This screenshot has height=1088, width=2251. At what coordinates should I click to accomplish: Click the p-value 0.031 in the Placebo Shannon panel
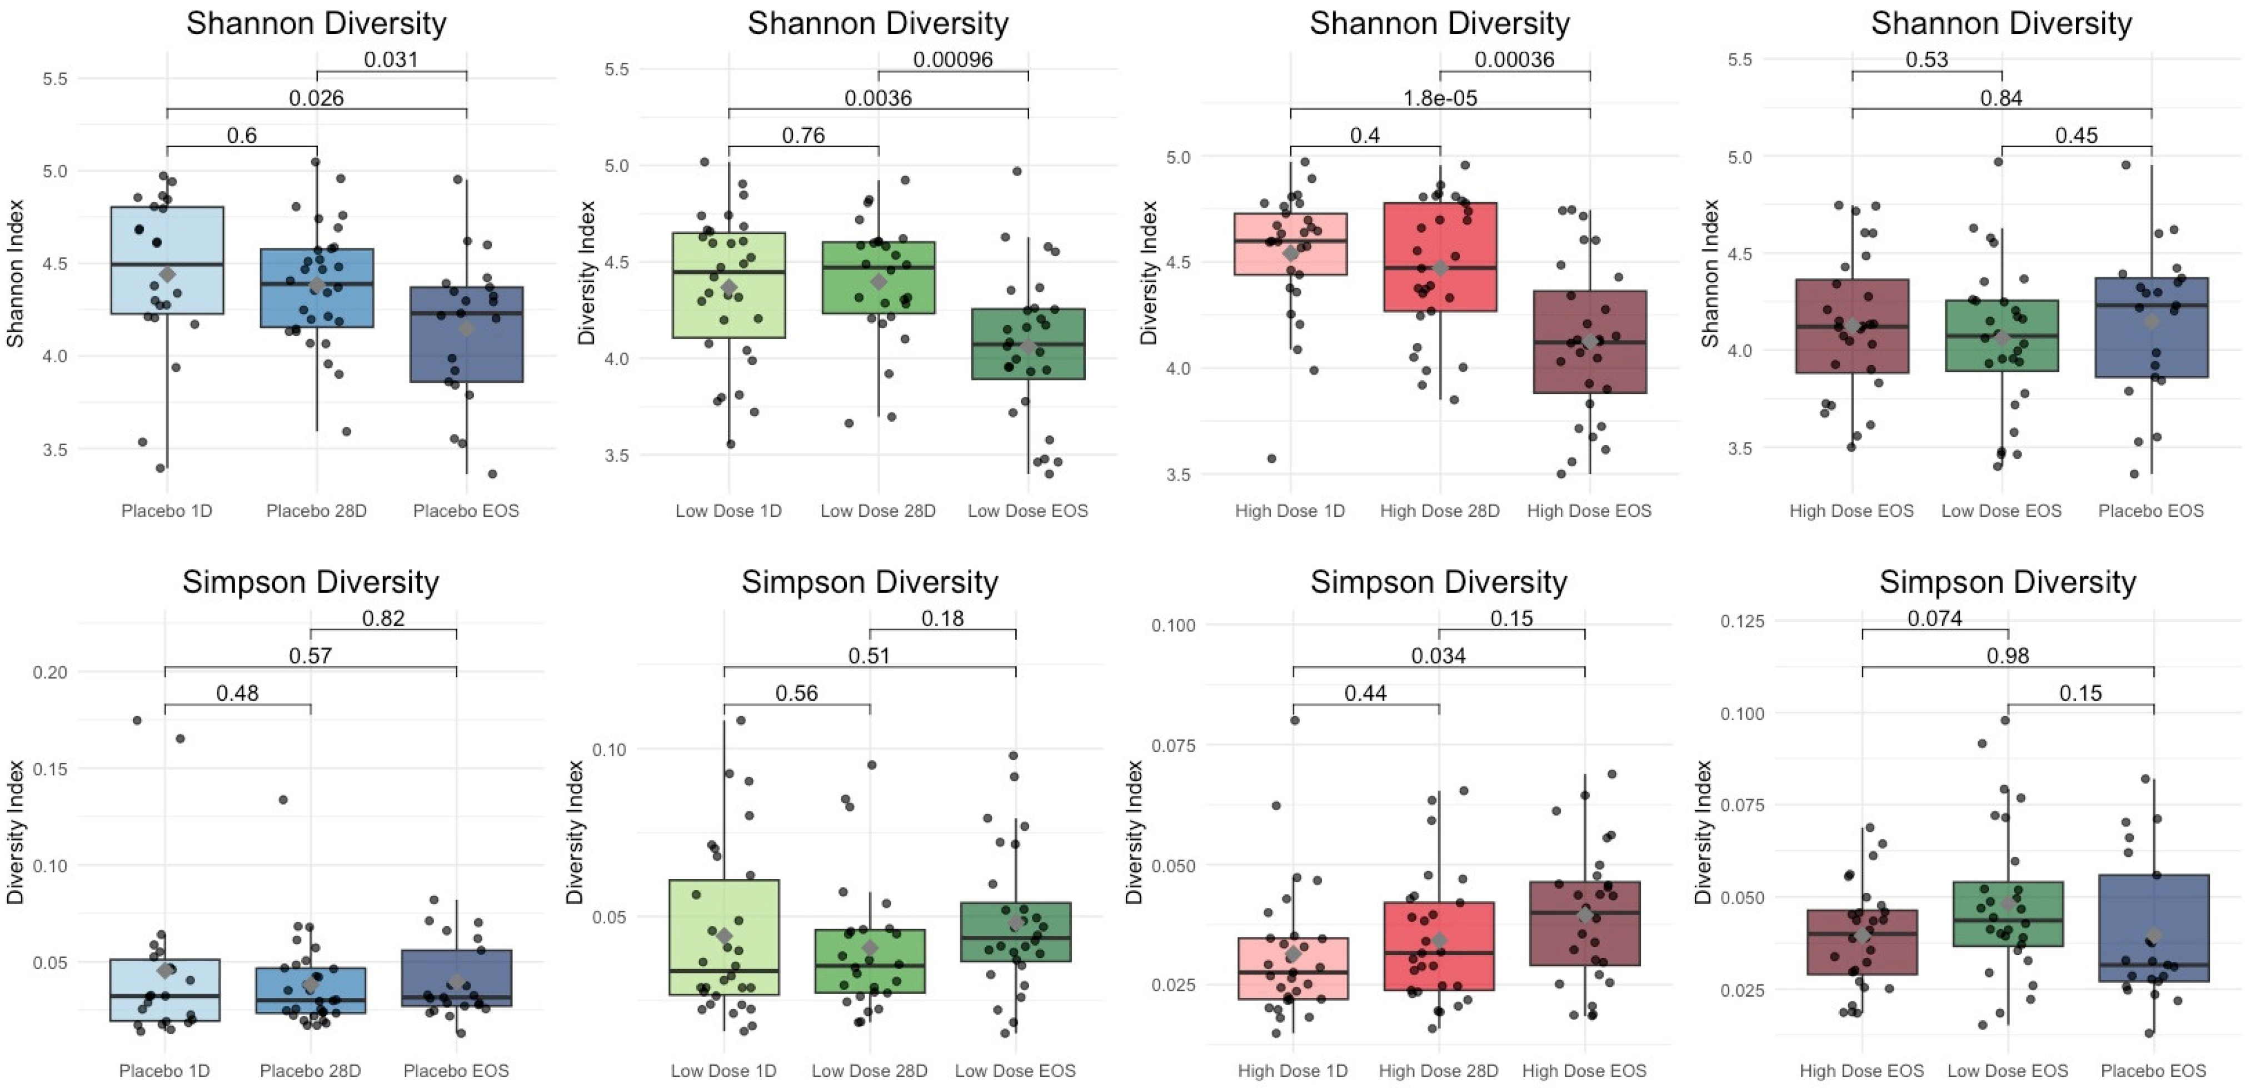click(x=391, y=59)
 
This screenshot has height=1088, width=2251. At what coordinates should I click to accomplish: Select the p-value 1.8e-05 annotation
click(x=1439, y=97)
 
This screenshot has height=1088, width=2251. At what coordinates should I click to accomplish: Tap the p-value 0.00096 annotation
click(x=952, y=59)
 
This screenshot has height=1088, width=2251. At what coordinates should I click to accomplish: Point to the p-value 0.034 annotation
click(x=1438, y=656)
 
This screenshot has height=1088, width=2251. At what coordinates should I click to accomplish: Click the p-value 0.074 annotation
click(x=1935, y=618)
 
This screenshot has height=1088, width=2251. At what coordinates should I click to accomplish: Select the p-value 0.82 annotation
click(x=383, y=618)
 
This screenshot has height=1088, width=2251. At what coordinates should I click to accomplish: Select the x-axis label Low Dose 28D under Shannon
click(x=877, y=510)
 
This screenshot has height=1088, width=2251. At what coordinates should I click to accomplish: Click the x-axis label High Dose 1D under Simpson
click(x=1292, y=1071)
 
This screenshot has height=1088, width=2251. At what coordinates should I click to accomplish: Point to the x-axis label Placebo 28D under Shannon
click(x=316, y=510)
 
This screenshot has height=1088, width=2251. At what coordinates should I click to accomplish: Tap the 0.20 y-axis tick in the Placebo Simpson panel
click(x=50, y=672)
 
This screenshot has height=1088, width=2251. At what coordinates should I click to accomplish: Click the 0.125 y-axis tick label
click(x=1741, y=621)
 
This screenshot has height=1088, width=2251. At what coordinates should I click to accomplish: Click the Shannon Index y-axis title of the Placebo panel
click(x=16, y=273)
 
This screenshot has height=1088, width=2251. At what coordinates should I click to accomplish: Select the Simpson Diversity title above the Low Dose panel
click(x=870, y=582)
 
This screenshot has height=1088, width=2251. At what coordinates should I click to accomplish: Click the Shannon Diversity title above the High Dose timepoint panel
click(x=1439, y=23)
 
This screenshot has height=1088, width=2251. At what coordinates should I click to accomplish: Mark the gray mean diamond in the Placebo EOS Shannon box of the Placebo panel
click(x=467, y=328)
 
